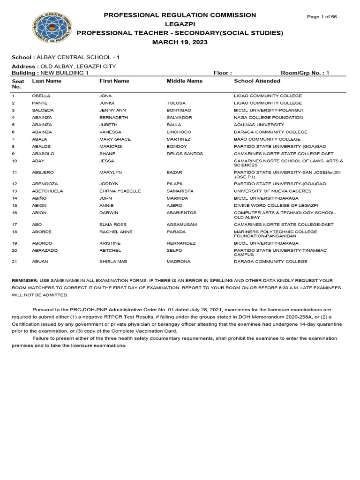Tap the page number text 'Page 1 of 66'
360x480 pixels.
(x=322, y=17)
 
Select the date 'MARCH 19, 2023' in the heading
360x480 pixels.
(x=180, y=42)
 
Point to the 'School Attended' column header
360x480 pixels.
(x=257, y=81)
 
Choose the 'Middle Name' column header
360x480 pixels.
(x=185, y=81)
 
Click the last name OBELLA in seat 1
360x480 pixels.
(x=41, y=96)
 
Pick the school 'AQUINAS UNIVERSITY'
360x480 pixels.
(x=259, y=125)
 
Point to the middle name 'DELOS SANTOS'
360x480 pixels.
(x=185, y=154)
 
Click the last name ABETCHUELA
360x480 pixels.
(x=47, y=191)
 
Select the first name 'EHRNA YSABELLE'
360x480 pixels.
(x=120, y=191)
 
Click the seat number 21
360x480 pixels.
(x=14, y=261)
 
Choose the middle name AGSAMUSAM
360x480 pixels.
(x=182, y=225)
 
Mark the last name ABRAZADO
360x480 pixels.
(x=45, y=251)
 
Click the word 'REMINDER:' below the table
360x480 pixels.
(x=26, y=280)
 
